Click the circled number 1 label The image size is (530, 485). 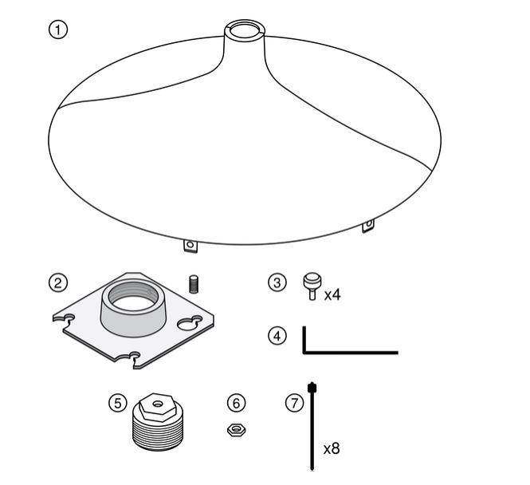(x=58, y=30)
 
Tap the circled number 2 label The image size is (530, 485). (x=58, y=282)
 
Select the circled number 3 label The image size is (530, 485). (x=277, y=282)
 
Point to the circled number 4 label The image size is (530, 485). (x=277, y=336)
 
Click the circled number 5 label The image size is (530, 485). (x=118, y=403)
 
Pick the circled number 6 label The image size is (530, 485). (x=236, y=403)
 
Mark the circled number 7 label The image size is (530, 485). (x=294, y=403)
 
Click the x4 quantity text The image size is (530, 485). (x=332, y=295)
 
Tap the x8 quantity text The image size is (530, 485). (x=332, y=449)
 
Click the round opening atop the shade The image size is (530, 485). (x=245, y=30)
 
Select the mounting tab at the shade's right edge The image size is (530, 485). (x=368, y=225)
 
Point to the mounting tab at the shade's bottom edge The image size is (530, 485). (x=190, y=246)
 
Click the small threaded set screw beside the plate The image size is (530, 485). (x=194, y=285)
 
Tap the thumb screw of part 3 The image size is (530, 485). (x=312, y=286)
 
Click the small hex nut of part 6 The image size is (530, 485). (x=236, y=430)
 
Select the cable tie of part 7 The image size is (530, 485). (x=312, y=426)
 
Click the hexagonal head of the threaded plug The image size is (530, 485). (x=158, y=407)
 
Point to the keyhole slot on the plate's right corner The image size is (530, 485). (x=190, y=323)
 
